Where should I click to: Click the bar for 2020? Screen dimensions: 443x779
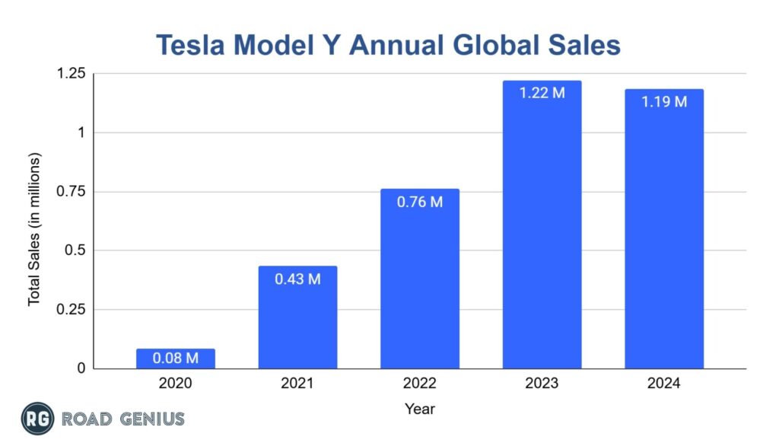(176, 359)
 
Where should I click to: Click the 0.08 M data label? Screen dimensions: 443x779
(176, 358)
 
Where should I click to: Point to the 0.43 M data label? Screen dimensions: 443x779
(297, 279)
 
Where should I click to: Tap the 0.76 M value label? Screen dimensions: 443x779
(420, 202)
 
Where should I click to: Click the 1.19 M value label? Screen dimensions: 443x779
(664, 102)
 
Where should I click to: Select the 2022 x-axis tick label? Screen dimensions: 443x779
(420, 384)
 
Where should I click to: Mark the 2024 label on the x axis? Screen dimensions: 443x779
(664, 384)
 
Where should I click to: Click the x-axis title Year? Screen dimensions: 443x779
(420, 410)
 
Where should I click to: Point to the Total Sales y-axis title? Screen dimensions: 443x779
(34, 228)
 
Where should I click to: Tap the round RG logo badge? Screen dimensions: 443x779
(36, 419)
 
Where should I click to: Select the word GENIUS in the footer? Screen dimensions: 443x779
(149, 419)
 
